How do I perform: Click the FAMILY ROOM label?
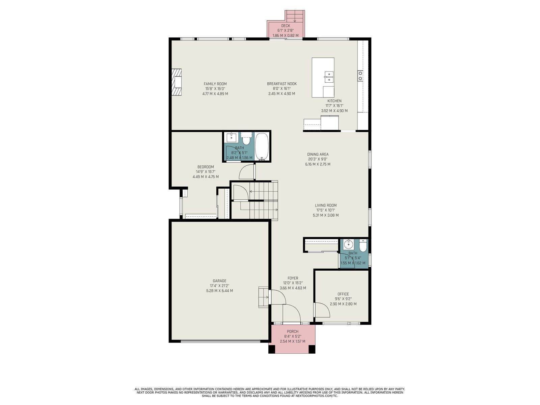point(215,84)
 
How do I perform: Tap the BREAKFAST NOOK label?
point(282,84)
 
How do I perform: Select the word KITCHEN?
point(334,101)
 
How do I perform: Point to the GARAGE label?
point(219,281)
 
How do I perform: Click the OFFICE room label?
point(343,294)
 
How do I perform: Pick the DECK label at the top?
point(286,26)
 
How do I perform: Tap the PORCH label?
point(293,331)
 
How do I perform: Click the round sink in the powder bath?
point(348,244)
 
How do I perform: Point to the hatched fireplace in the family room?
point(177,82)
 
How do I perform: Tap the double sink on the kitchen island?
point(329,77)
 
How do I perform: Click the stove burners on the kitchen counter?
point(360,76)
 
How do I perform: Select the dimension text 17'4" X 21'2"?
point(219,286)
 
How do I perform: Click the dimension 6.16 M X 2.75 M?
point(318,164)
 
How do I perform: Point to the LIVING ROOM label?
point(326,205)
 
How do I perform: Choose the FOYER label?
point(293,278)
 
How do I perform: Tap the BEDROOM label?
point(206,167)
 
